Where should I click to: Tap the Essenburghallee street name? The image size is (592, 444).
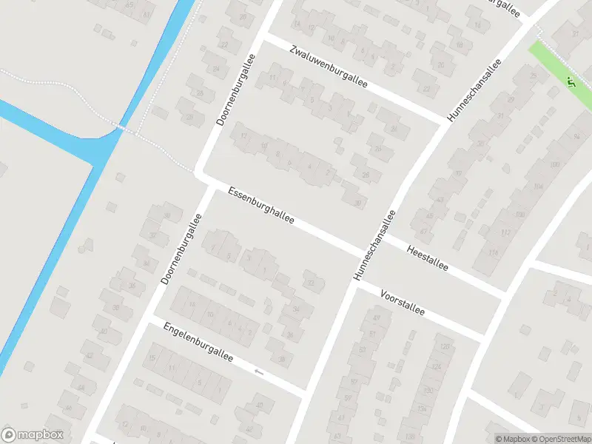pyautogui.click(x=261, y=205)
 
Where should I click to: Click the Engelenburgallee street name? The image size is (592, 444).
pyautogui.click(x=198, y=342)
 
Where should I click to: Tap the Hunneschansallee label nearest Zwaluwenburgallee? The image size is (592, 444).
pyautogui.click(x=474, y=90)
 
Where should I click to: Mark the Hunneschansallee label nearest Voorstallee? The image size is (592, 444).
pyautogui.click(x=374, y=245)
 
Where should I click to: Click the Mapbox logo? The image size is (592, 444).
pyautogui.click(x=33, y=435)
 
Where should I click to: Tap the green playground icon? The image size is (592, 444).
pyautogui.click(x=571, y=81)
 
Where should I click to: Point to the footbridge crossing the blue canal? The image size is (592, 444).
pyautogui.click(x=123, y=129)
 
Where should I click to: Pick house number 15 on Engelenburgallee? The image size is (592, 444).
pyautogui.click(x=152, y=358)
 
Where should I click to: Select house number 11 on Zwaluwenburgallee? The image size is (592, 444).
pyautogui.click(x=272, y=77)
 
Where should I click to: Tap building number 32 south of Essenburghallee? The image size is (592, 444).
pyautogui.click(x=311, y=282)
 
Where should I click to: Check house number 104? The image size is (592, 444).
pyautogui.click(x=538, y=186)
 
